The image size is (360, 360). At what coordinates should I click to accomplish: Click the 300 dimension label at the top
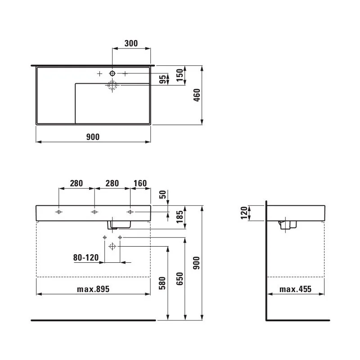coord(131,43)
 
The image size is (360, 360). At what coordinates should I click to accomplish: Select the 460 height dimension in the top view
coord(197,95)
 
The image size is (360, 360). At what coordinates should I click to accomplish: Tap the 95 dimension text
coord(162,80)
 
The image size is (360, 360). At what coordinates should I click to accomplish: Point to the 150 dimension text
coord(180,75)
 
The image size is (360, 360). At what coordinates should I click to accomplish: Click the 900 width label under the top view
coord(93,137)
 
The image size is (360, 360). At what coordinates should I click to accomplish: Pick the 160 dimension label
coord(140,183)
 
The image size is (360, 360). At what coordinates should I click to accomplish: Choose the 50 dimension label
coord(162,194)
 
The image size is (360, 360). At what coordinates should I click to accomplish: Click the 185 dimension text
coord(180,216)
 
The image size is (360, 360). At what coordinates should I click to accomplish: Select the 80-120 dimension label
coord(86,257)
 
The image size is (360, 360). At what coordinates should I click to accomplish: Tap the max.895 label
coord(93,289)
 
